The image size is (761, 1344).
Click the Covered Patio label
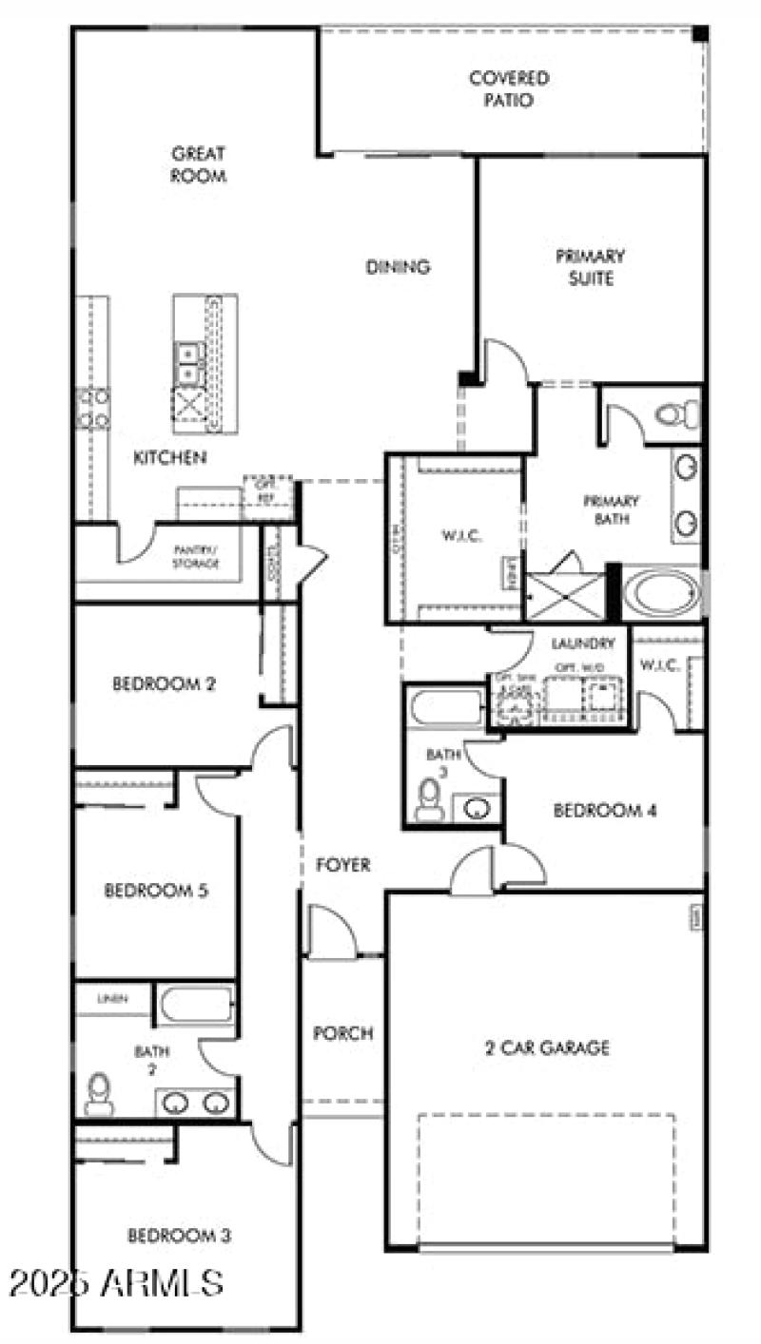[x=509, y=89]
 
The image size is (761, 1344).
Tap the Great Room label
[x=199, y=164]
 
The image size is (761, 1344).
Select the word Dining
[x=399, y=267]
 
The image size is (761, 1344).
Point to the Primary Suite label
[x=591, y=267]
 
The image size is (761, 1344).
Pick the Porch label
[x=343, y=1033]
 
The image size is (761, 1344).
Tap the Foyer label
[x=343, y=865]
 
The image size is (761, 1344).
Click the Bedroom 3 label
[x=180, y=1236]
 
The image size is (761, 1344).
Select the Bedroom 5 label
[x=156, y=891]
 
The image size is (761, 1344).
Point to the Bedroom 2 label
[x=165, y=683]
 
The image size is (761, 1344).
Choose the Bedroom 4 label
[x=605, y=811]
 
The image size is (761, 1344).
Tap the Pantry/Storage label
[x=196, y=556]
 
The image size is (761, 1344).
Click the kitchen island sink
[x=188, y=363]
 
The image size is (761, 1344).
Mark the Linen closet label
[x=113, y=1000]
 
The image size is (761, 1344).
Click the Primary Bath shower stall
[x=566, y=596]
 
